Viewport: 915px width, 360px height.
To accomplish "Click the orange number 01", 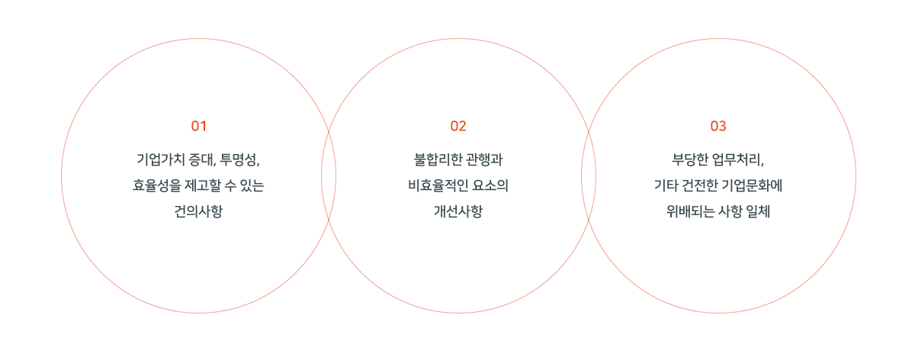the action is click(198, 126).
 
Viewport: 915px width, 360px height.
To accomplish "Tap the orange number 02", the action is click(458, 126).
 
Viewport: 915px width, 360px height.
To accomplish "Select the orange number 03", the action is click(718, 126).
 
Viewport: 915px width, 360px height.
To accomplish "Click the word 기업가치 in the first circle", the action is click(161, 159).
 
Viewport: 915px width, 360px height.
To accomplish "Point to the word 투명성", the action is click(239, 159).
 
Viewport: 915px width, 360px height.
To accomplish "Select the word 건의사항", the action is click(198, 211).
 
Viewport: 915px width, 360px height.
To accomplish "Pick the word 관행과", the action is click(484, 159).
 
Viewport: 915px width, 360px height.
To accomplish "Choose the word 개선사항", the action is click(458, 211).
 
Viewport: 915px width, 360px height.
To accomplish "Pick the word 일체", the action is click(758, 211).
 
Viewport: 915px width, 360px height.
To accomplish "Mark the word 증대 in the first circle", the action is click(203, 159).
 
